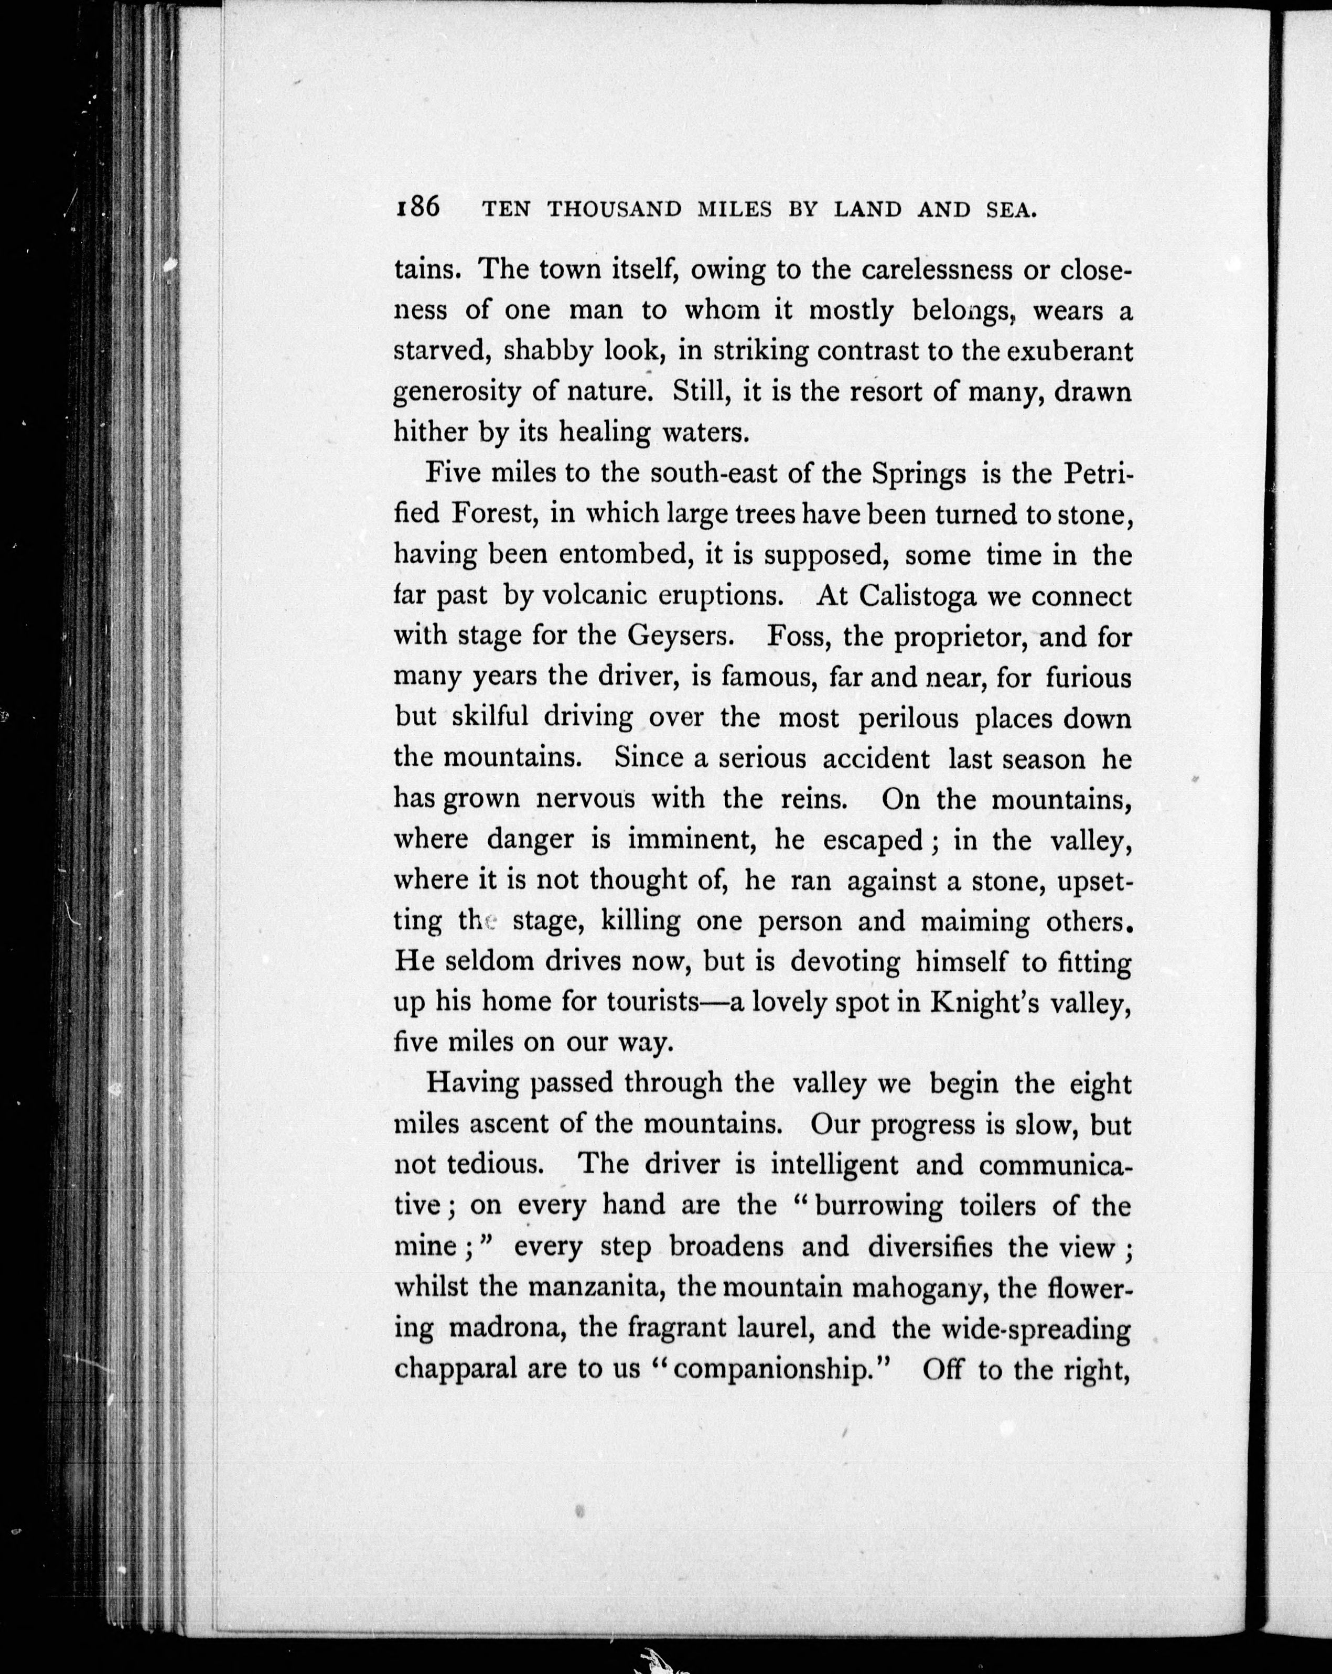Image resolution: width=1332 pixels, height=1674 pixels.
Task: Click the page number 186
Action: tap(417, 208)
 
